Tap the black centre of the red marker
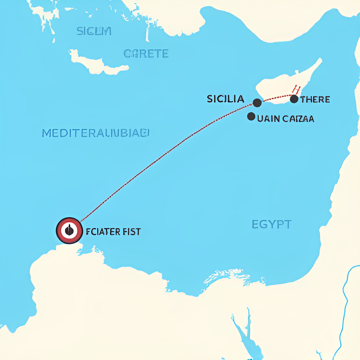(69, 231)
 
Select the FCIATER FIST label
(113, 232)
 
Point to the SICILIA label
(225, 99)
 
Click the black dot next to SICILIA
(257, 103)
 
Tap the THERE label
(315, 99)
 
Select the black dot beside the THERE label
(294, 99)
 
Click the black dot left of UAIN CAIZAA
(251, 116)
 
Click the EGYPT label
(271, 224)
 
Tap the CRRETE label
(146, 54)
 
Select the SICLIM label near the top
(94, 31)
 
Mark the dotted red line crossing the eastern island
(278, 97)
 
